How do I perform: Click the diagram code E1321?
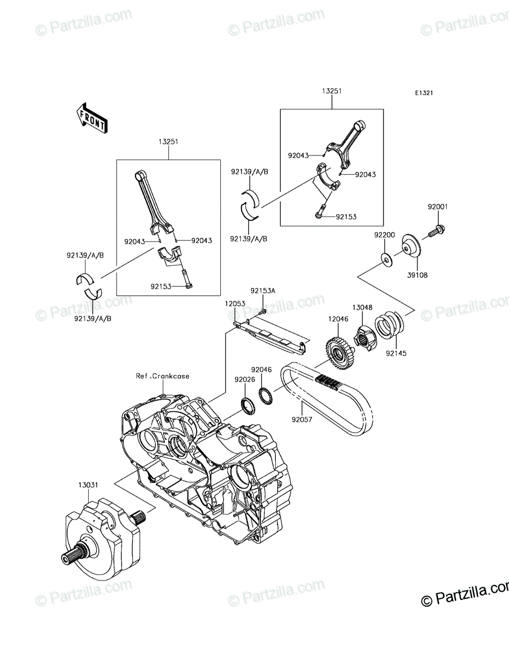[424, 93]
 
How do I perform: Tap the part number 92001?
[438, 206]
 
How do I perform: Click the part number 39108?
[417, 275]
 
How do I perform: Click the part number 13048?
[362, 307]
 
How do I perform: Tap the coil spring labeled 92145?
[389, 326]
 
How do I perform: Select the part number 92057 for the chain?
[302, 420]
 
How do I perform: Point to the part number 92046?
[261, 370]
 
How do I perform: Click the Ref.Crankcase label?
[163, 376]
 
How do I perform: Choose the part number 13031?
[88, 485]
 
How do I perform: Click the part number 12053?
[235, 304]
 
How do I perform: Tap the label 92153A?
[263, 291]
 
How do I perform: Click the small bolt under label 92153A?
[263, 311]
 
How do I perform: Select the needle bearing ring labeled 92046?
[266, 396]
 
